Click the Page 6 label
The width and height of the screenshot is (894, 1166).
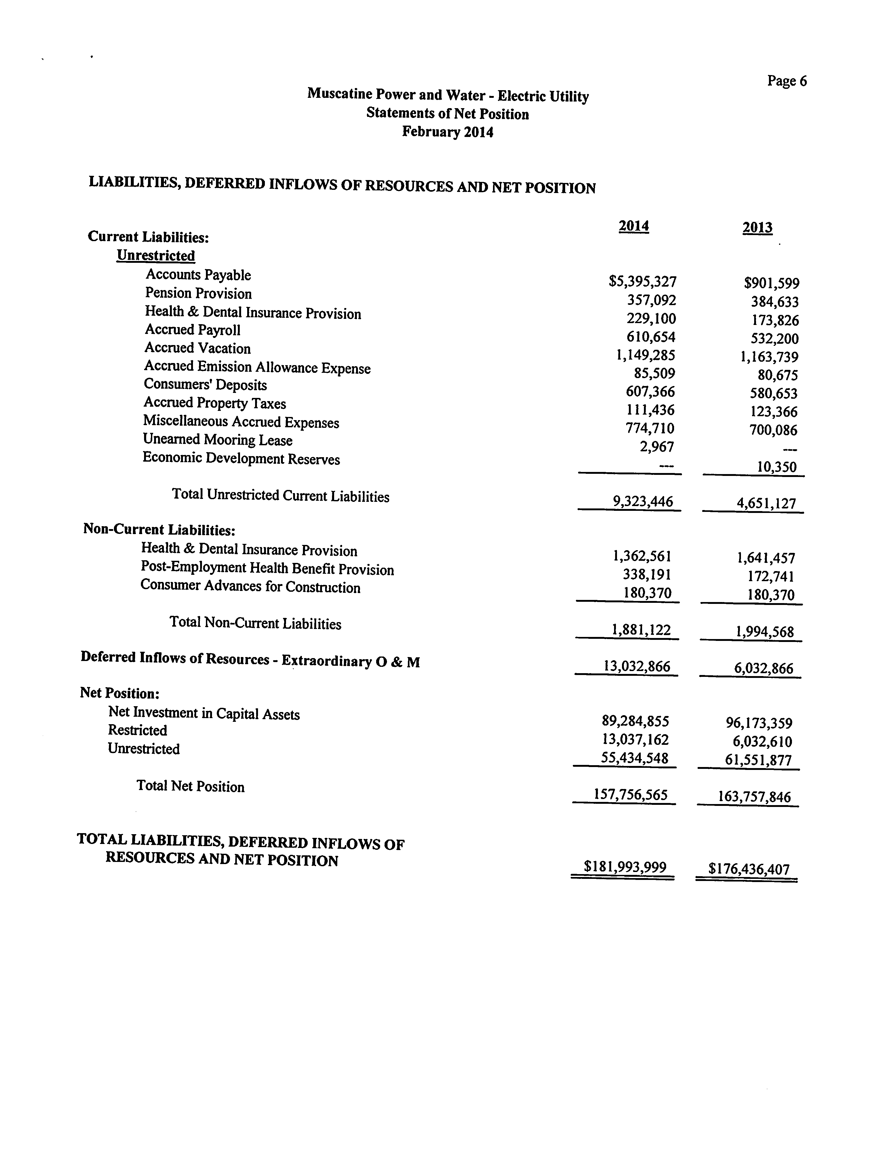[786, 81]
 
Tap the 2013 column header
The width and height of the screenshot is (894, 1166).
[757, 228]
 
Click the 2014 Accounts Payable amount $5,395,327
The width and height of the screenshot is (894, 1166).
[642, 282]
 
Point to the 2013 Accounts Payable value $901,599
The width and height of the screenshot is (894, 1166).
[772, 284]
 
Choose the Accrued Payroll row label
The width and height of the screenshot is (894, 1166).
[193, 330]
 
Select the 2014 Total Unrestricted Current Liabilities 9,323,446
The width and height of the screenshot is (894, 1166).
[643, 501]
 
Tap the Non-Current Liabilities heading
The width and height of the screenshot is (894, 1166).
[159, 530]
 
